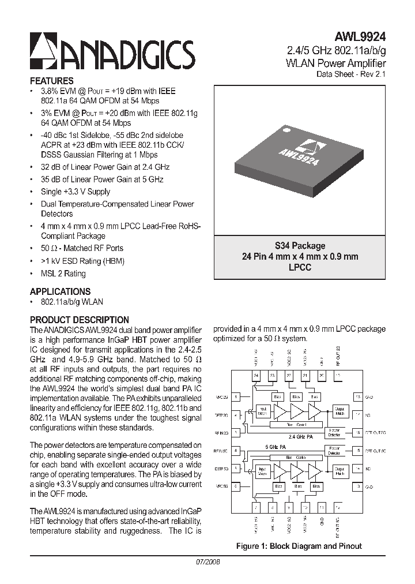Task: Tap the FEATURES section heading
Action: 51,81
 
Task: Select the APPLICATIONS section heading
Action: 60,291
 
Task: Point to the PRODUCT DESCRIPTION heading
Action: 79,320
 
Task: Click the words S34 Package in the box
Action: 300,246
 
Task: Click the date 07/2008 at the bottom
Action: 207,561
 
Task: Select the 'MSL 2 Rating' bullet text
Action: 63,274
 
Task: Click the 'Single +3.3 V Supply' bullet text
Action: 76,192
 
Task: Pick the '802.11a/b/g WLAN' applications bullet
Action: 72,302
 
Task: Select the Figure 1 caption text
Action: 299,546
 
